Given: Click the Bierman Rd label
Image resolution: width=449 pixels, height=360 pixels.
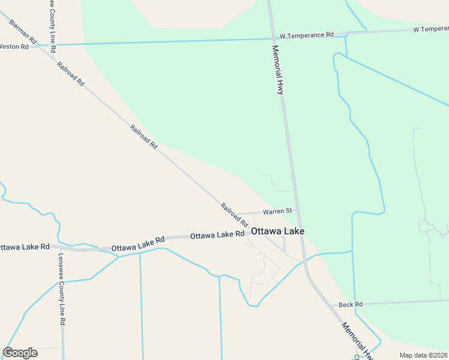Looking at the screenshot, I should (23, 31).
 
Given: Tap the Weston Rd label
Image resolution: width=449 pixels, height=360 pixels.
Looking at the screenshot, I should (14, 46).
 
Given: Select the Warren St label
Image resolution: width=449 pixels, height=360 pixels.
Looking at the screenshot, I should (277, 211).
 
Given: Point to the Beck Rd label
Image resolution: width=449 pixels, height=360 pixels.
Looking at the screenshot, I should (351, 305).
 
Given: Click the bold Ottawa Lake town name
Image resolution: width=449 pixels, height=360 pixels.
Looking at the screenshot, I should (277, 232).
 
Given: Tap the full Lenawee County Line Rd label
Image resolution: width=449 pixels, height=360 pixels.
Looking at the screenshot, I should (62, 289).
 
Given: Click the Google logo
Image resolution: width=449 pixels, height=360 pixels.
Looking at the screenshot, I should (20, 353).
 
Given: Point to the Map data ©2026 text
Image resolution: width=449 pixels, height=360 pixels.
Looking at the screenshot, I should (424, 355).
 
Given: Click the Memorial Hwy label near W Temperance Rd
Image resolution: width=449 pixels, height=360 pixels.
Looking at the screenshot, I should (277, 70).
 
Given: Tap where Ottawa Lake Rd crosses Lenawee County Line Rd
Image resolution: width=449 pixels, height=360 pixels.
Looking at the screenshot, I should (61, 247).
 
